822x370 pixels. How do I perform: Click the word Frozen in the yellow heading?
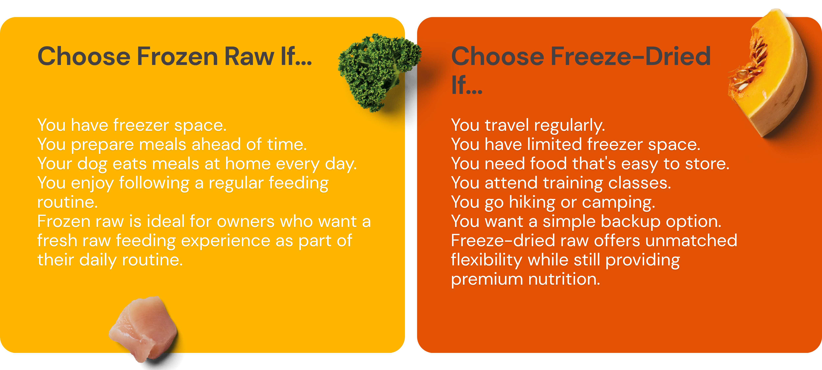pyautogui.click(x=177, y=57)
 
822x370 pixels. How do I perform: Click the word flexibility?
pyautogui.click(x=487, y=260)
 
